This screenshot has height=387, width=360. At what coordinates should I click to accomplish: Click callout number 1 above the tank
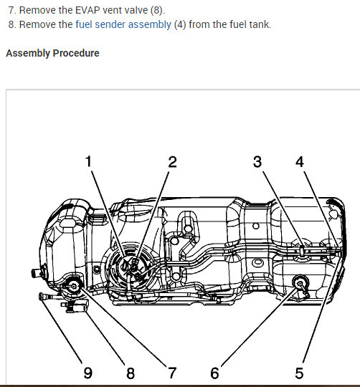[88, 161]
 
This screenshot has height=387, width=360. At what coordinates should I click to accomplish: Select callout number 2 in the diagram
[173, 162]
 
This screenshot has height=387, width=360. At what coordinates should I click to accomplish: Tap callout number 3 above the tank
[257, 162]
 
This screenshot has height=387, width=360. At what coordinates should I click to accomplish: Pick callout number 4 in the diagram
[300, 162]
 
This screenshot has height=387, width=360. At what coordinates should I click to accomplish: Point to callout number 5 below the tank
[299, 373]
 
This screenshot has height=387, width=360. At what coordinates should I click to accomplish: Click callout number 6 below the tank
[214, 373]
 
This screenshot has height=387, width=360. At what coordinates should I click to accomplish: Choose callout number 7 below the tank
[172, 373]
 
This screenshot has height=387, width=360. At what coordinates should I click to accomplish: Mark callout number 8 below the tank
[131, 373]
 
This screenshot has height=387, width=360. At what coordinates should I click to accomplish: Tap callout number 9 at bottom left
[88, 373]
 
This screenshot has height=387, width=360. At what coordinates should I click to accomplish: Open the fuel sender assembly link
[123, 24]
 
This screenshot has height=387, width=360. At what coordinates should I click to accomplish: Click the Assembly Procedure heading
[52, 53]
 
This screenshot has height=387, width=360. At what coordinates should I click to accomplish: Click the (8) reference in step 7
[157, 10]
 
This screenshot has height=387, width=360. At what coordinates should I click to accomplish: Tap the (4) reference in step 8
[180, 24]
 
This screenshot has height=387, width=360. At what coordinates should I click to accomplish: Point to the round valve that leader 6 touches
[300, 283]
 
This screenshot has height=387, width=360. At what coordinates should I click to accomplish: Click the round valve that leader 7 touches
[74, 286]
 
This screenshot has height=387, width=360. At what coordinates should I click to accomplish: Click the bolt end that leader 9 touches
[42, 296]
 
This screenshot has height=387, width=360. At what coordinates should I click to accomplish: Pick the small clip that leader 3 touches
[302, 251]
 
